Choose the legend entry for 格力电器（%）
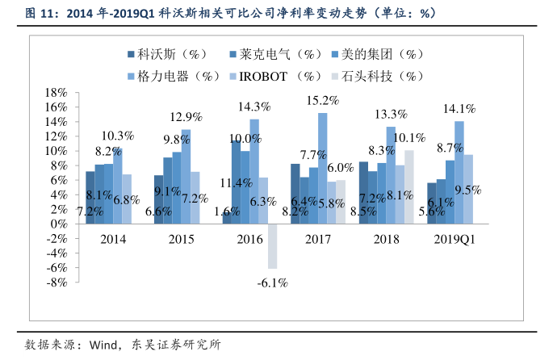click(x=174, y=76)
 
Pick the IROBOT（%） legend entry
click(x=278, y=76)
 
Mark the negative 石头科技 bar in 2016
click(x=273, y=245)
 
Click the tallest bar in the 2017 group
click(x=322, y=168)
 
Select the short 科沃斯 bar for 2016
click(x=227, y=218)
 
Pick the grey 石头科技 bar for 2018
click(x=409, y=186)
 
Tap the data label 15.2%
click(x=322, y=100)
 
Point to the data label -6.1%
click(x=273, y=283)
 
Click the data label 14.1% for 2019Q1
click(x=459, y=107)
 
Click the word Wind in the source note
click(x=97, y=345)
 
